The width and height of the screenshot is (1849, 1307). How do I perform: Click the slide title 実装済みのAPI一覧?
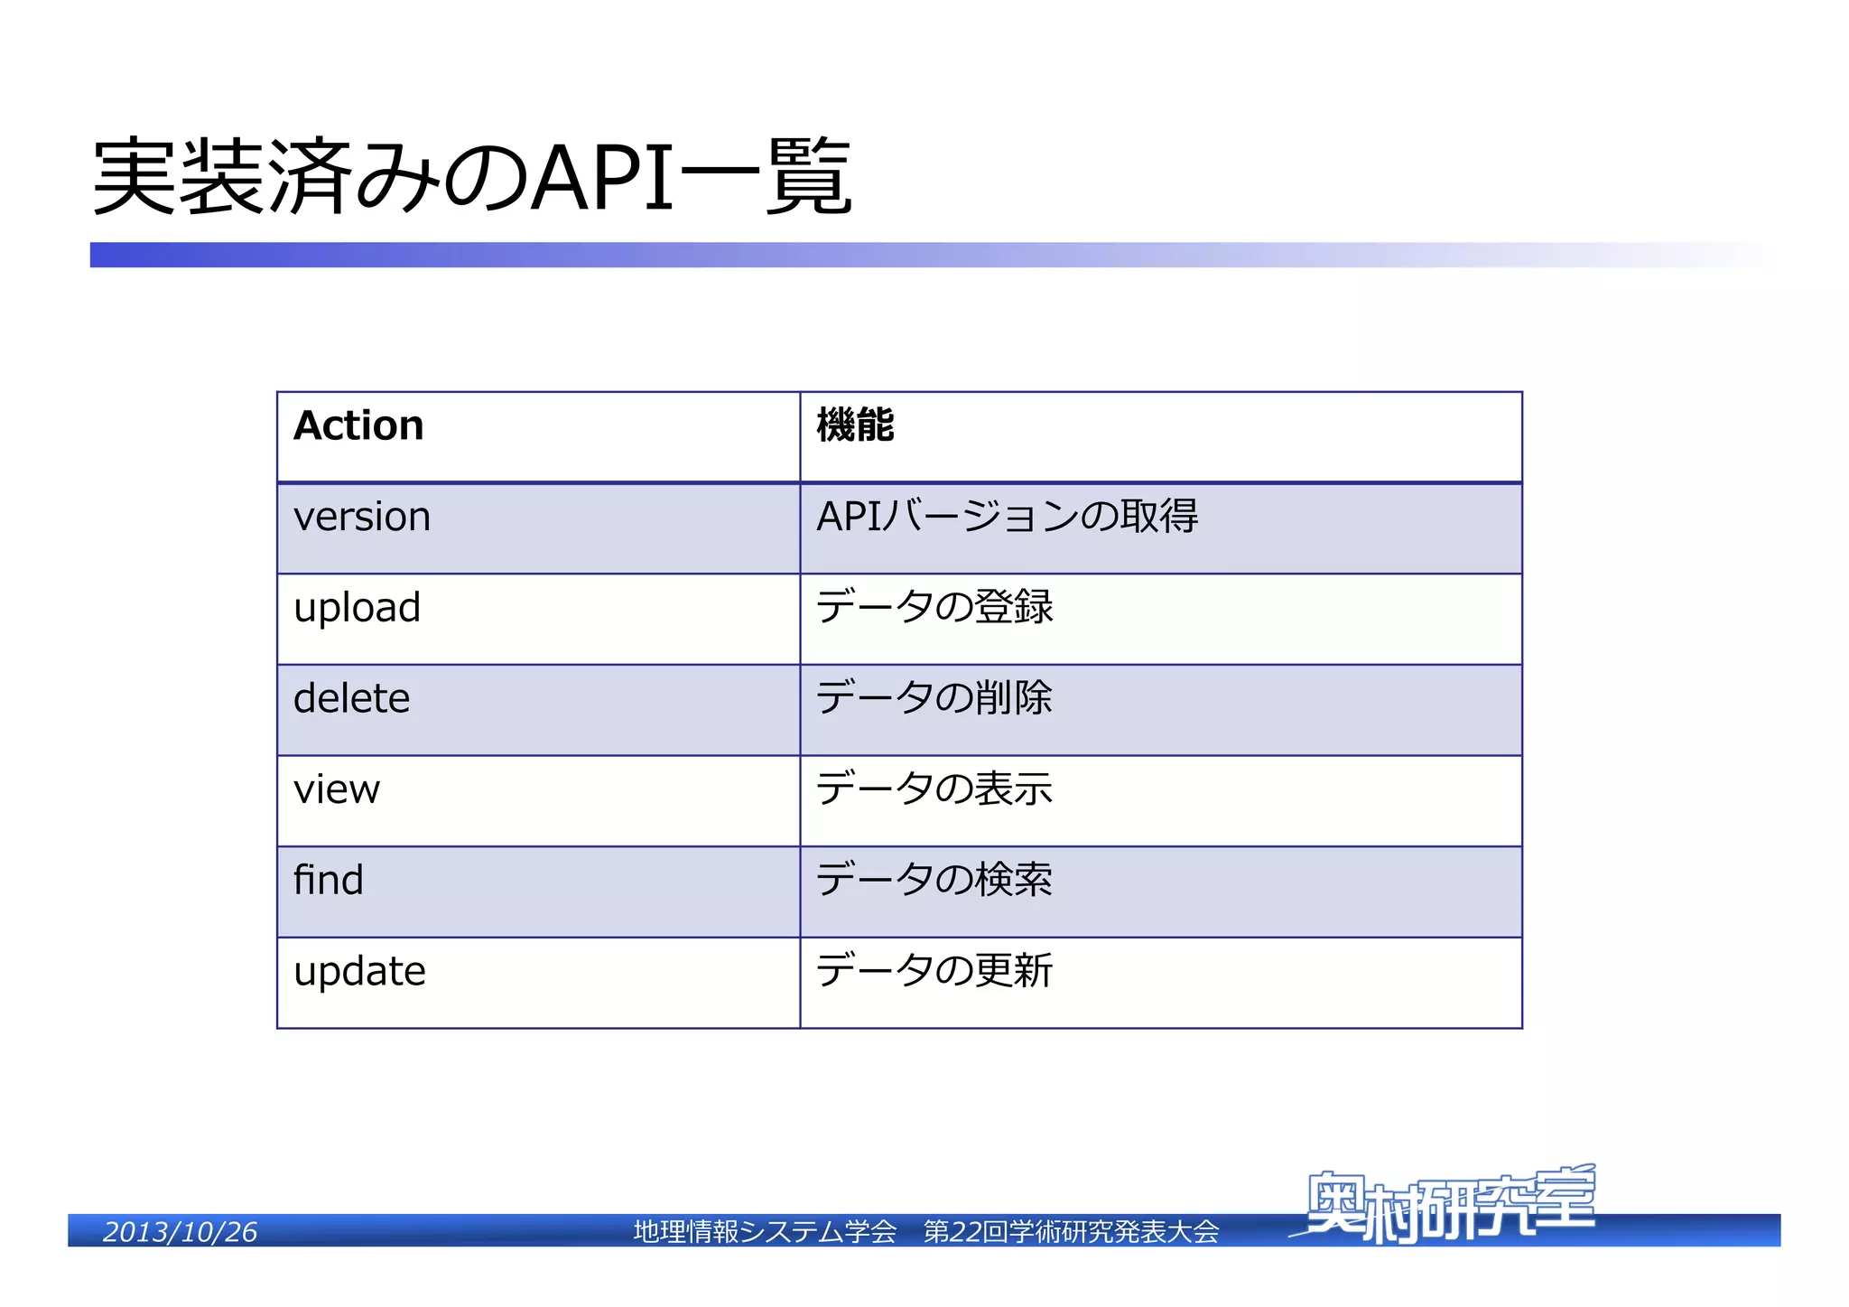(x=472, y=177)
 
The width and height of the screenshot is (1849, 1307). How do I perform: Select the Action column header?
(x=358, y=425)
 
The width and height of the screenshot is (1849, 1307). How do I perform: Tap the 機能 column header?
(x=855, y=425)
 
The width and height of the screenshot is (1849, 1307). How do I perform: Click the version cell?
(x=362, y=518)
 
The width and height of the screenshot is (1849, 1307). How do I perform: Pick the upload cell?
(x=358, y=608)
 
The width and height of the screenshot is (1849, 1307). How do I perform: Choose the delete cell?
(x=352, y=699)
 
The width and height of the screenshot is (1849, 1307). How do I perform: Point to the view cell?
(x=337, y=790)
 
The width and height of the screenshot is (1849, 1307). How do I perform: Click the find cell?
(x=329, y=881)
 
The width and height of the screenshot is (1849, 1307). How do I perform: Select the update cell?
(x=359, y=972)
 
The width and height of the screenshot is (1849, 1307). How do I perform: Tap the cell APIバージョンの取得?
(x=1007, y=518)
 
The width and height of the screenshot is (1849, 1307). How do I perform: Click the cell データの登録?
(x=934, y=608)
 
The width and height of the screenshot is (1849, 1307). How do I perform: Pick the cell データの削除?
(x=934, y=699)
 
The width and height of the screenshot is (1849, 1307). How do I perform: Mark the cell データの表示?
(x=934, y=790)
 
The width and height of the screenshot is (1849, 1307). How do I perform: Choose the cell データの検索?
(x=934, y=881)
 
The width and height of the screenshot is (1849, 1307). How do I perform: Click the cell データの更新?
(x=934, y=972)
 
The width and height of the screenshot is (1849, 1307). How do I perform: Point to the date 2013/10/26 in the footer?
(x=180, y=1232)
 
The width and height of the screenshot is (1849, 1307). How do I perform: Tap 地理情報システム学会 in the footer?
(x=765, y=1232)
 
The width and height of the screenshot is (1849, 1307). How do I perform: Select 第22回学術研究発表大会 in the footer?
(x=1071, y=1232)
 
